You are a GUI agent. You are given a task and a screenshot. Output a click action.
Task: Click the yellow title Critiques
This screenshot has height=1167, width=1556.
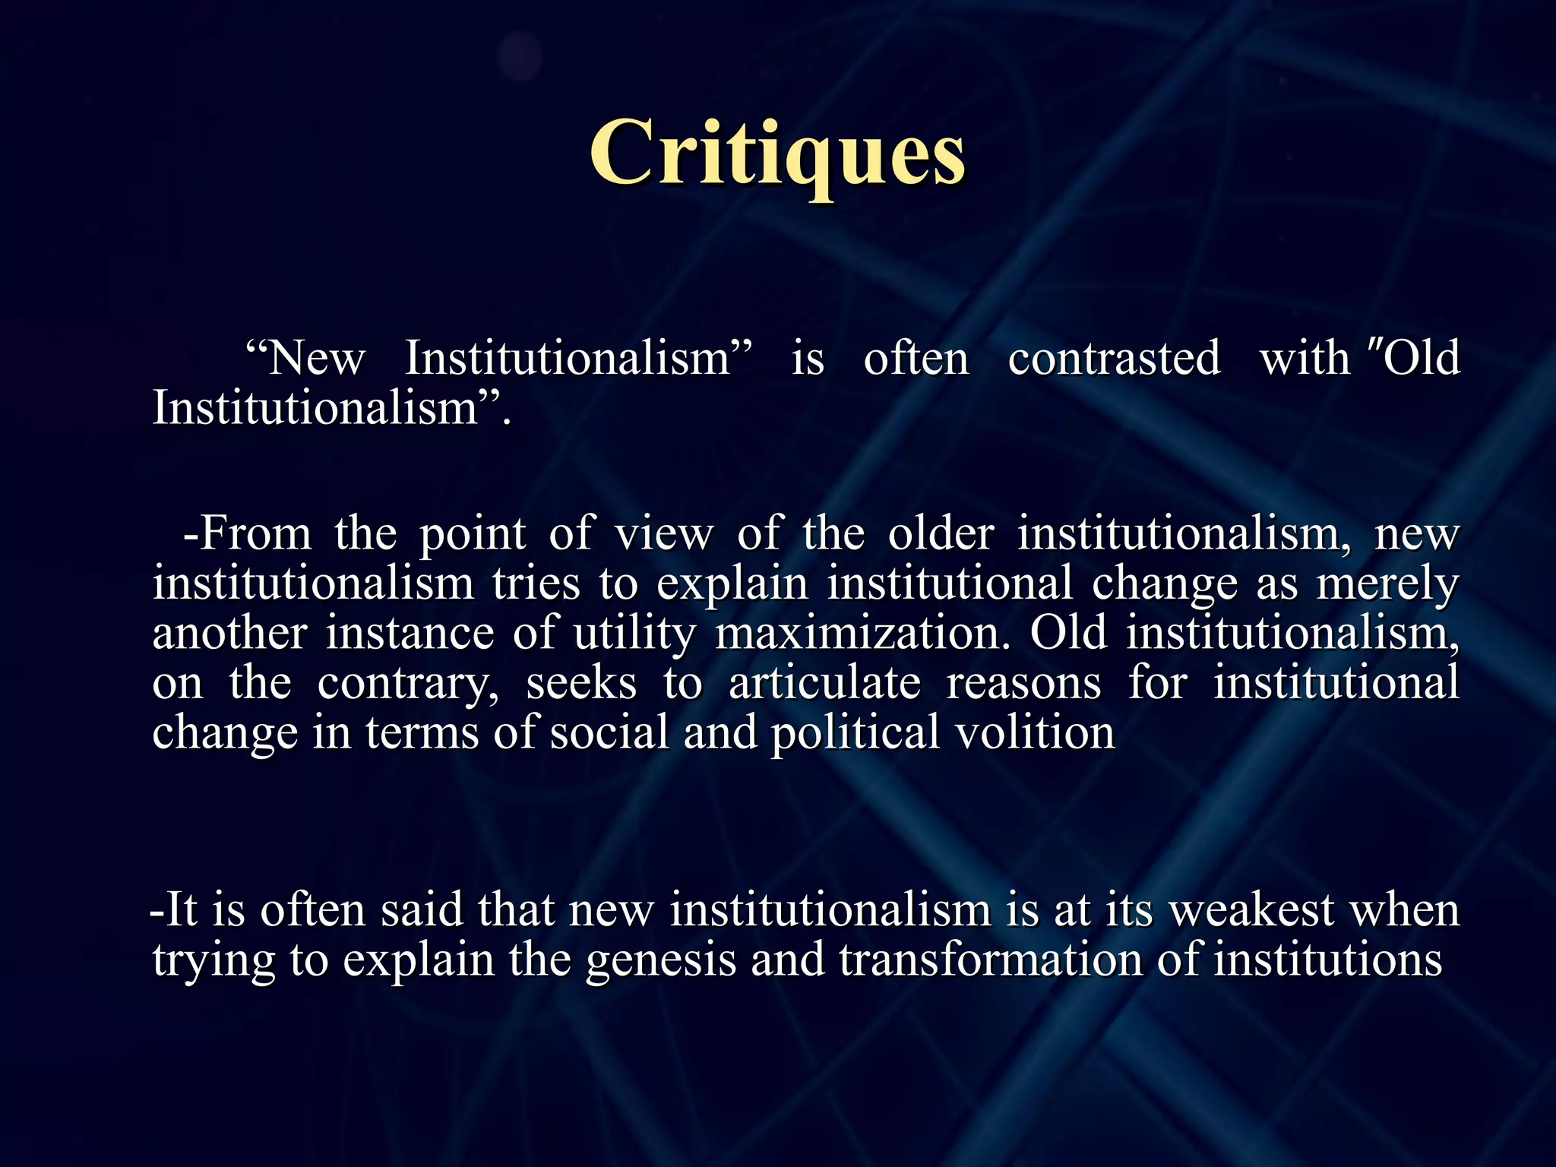click(777, 154)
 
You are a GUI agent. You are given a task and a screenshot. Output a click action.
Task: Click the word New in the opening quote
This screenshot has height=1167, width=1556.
click(317, 358)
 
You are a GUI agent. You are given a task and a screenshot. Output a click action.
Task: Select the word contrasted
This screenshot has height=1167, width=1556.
click(1114, 358)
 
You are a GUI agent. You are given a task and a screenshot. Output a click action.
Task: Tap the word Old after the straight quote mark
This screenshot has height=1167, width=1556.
click(1422, 358)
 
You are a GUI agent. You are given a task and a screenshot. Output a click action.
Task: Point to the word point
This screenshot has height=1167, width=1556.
click(473, 535)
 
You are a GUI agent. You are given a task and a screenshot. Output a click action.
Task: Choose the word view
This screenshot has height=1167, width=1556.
click(664, 533)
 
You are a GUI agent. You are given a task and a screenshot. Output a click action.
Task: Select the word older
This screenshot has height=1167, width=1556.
click(941, 533)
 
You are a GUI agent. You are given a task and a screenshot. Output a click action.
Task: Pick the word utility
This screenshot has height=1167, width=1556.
click(634, 634)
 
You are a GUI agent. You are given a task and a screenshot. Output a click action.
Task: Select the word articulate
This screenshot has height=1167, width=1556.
click(824, 682)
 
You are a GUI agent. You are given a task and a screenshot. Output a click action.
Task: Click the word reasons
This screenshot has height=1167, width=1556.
click(1023, 684)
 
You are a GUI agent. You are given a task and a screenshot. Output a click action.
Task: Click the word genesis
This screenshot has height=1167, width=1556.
click(660, 960)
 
